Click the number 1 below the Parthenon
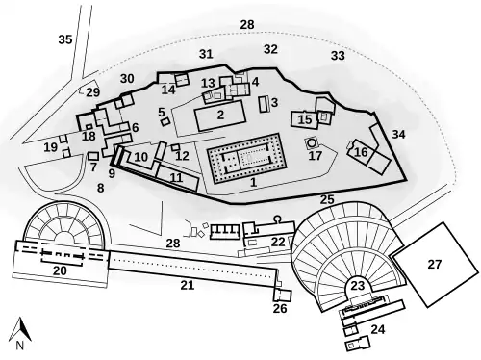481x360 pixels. (253, 181)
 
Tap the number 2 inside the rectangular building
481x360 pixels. (220, 115)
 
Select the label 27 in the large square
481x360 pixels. (433, 263)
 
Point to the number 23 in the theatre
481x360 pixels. (357, 285)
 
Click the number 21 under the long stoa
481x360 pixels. (187, 285)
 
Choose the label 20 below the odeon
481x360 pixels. (60, 272)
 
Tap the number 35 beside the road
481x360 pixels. (64, 39)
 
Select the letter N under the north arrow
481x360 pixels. (17, 344)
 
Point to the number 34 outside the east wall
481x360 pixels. (398, 134)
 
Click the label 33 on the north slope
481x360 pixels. (337, 56)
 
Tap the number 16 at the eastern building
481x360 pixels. (361, 152)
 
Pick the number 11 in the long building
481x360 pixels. (175, 178)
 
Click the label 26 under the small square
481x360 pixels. (280, 309)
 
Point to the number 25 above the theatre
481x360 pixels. (327, 199)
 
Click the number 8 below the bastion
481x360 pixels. (100, 188)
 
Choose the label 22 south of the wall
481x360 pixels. (278, 241)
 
